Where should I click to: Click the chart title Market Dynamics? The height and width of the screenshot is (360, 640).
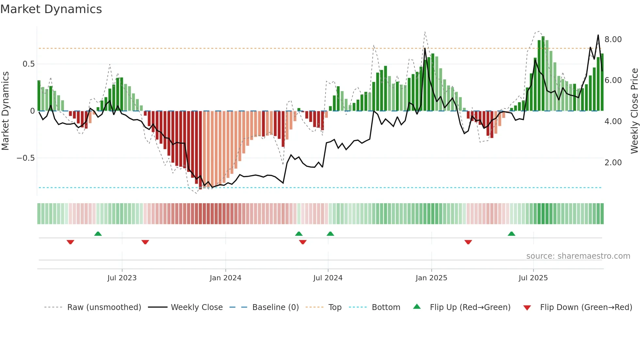pos(51,9)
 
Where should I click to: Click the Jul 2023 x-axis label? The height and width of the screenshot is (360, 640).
pos(122,278)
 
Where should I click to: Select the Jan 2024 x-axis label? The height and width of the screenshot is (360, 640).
pos(225,278)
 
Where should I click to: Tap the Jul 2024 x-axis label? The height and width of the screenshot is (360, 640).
pos(328,278)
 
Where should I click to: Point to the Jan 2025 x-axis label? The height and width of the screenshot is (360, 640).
pos(431,278)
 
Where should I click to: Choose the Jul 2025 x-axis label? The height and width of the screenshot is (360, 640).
pos(533,278)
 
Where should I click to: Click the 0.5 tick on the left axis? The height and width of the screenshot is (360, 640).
pos(28,64)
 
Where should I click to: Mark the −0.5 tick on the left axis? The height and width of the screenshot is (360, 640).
pos(25,158)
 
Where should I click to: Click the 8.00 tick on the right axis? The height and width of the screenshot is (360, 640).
pos(613,40)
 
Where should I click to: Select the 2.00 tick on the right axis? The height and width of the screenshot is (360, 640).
pos(613,163)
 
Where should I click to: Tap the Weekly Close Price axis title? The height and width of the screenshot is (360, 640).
pos(634,111)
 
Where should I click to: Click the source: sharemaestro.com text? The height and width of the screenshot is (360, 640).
pos(578,256)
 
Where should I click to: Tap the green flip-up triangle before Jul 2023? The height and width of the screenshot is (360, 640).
pos(98,234)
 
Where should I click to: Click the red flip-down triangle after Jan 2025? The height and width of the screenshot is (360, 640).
pos(468,242)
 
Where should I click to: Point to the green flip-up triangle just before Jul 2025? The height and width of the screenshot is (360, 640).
pos(511,234)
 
